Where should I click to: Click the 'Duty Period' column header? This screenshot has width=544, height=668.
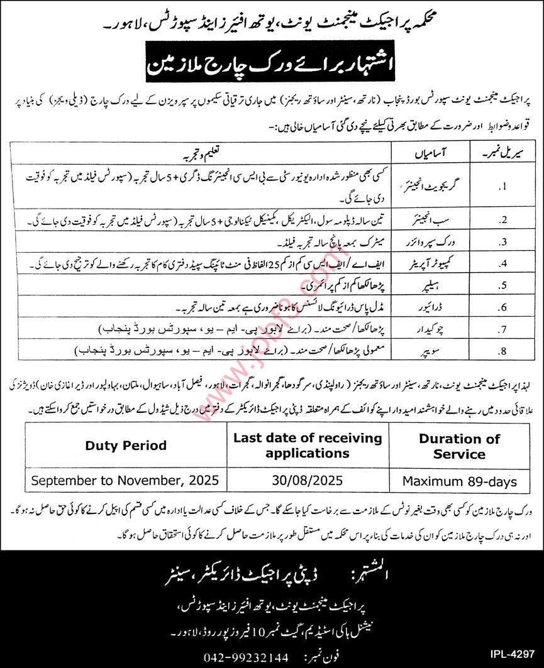(x=126, y=446)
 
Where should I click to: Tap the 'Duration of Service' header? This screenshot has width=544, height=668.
(x=459, y=446)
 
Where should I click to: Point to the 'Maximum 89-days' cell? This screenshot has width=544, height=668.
(x=460, y=482)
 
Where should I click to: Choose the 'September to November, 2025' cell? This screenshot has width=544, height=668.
(x=126, y=481)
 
